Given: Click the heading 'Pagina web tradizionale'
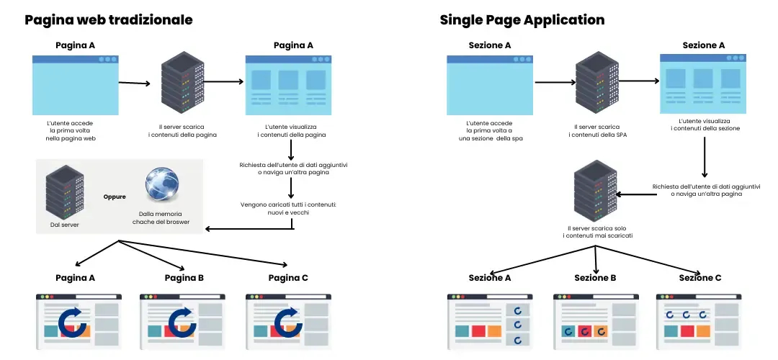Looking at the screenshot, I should (109, 20).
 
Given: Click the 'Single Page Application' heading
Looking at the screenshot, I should (522, 20).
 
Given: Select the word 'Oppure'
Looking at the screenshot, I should (115, 196).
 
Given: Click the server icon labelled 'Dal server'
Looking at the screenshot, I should (61, 191).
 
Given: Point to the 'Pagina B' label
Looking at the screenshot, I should (184, 278).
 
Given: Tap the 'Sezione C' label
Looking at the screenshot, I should (700, 278).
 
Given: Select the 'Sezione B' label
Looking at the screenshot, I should (595, 278).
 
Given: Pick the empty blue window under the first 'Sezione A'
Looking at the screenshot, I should (490, 85).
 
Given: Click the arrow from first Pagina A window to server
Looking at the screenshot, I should (134, 83).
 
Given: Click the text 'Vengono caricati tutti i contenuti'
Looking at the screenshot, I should (289, 205).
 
